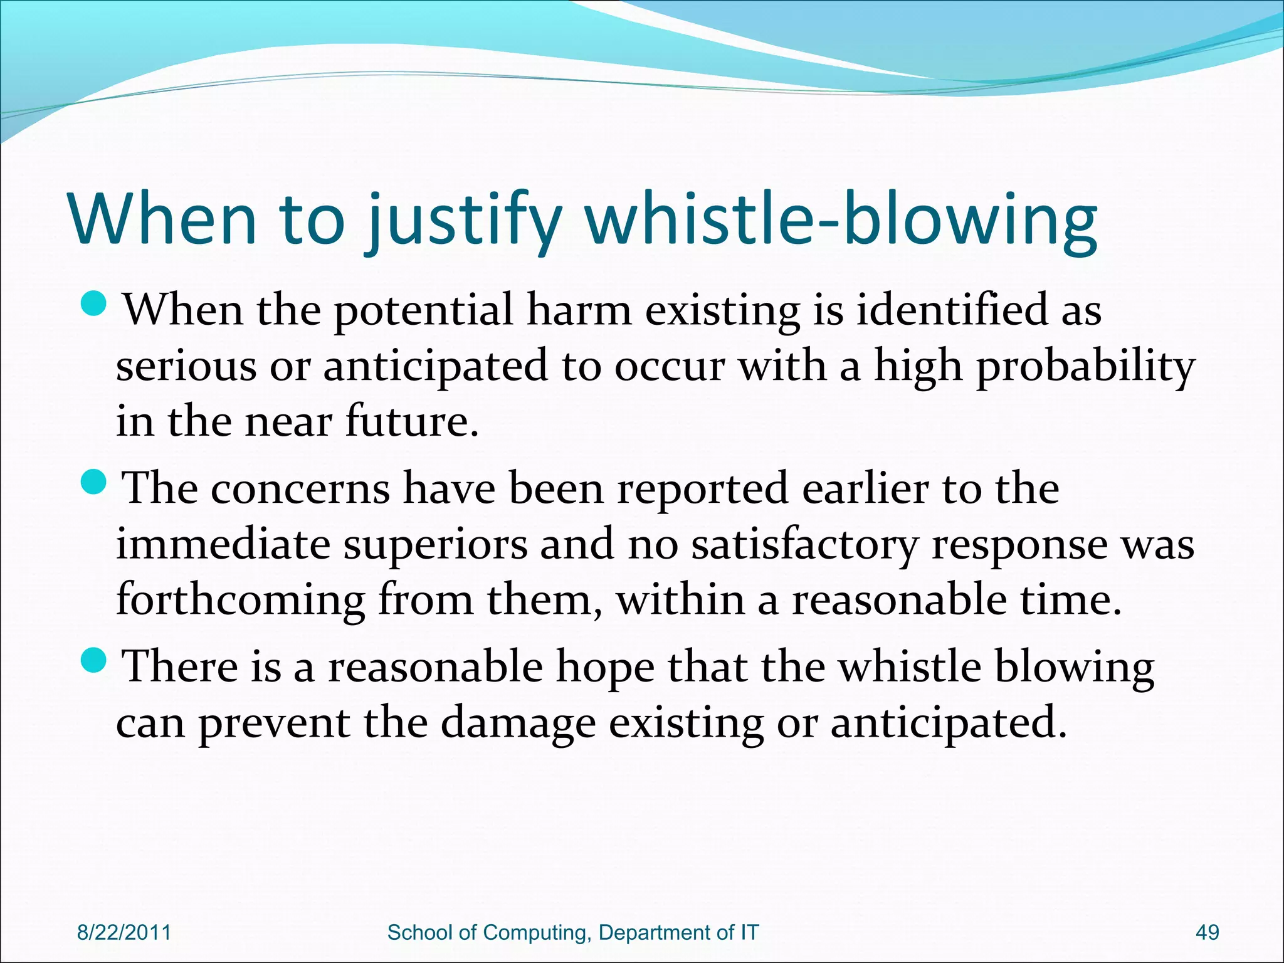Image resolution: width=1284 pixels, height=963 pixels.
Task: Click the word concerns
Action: pyautogui.click(x=300, y=489)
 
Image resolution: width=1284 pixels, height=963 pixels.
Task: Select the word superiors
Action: pyautogui.click(x=434, y=544)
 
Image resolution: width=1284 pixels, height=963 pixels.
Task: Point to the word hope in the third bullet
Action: pyautogui.click(x=605, y=667)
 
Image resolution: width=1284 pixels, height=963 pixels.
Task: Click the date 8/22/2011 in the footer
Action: pyautogui.click(x=124, y=932)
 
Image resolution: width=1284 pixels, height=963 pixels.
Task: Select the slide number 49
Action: pyautogui.click(x=1208, y=932)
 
